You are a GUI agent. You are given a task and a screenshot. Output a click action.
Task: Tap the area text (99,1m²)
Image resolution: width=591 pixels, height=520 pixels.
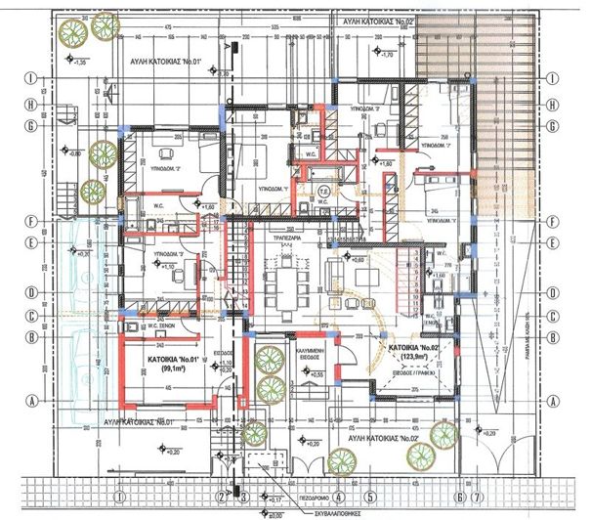click(176, 368)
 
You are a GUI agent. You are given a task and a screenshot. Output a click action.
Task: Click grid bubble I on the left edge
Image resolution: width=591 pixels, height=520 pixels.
click(31, 78)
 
